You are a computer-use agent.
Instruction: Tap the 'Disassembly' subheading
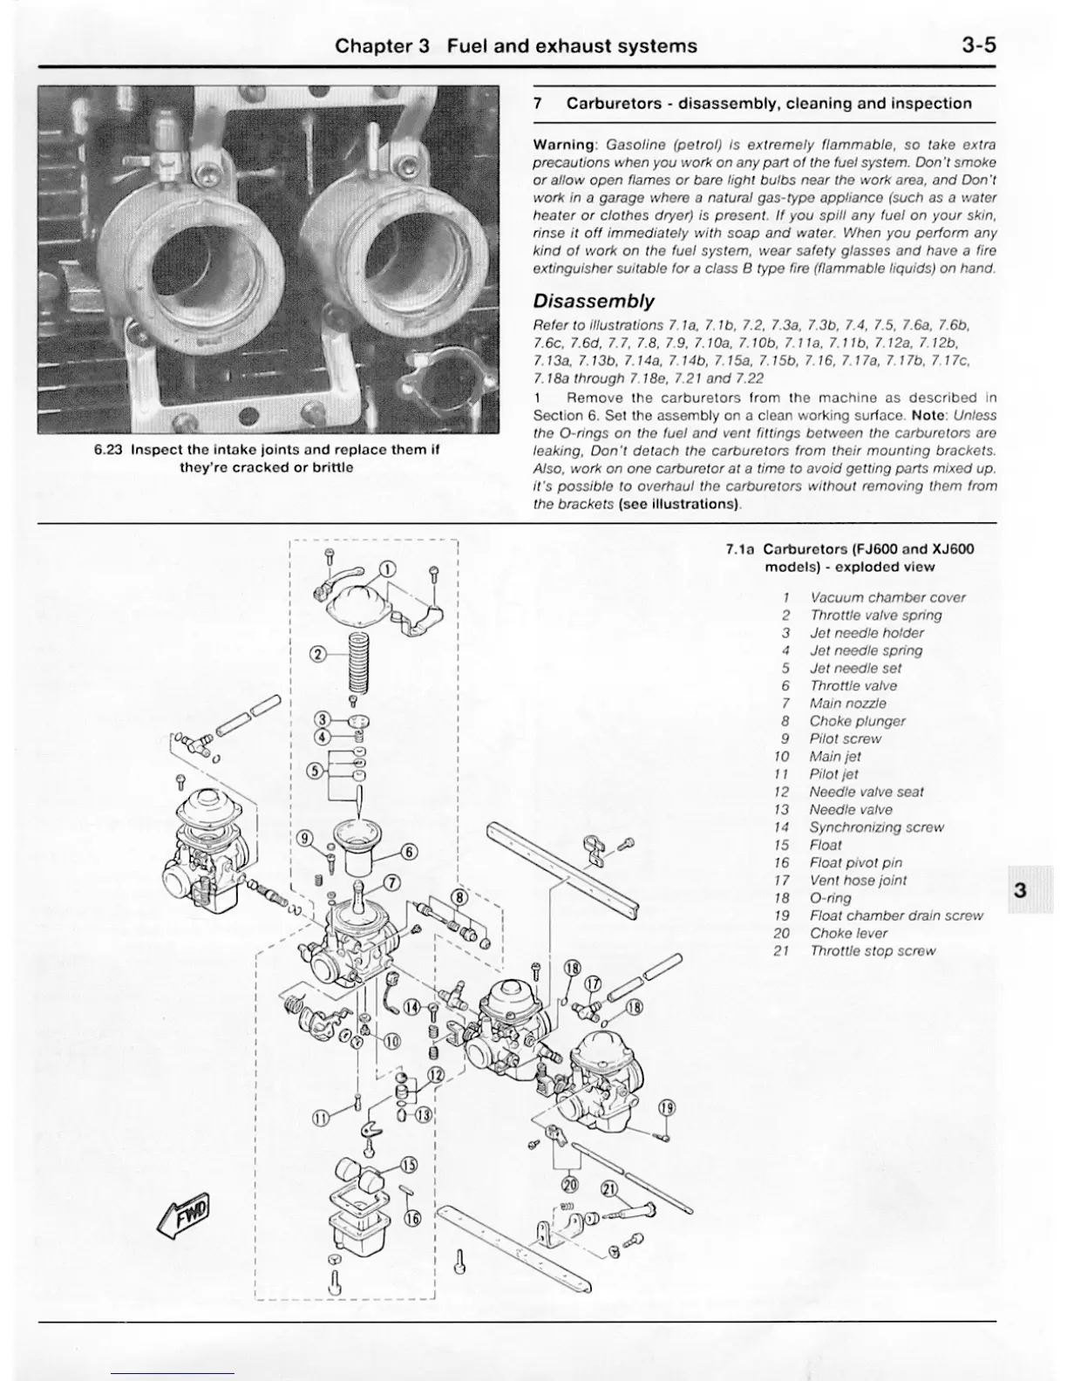click(x=593, y=302)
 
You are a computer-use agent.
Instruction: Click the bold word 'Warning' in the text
click(x=563, y=145)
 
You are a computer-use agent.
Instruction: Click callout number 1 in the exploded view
click(x=386, y=571)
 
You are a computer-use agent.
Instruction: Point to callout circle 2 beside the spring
click(x=318, y=654)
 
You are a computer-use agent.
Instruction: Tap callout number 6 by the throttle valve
click(x=409, y=852)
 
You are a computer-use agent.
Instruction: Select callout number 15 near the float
click(x=409, y=1165)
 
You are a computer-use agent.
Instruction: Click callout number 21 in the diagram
click(x=608, y=1188)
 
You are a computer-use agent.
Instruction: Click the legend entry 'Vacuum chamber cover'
click(x=887, y=597)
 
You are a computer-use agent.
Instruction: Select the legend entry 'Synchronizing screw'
click(x=876, y=827)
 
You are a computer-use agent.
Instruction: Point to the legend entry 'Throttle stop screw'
click(x=872, y=951)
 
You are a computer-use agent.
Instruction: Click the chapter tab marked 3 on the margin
click(x=1020, y=890)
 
